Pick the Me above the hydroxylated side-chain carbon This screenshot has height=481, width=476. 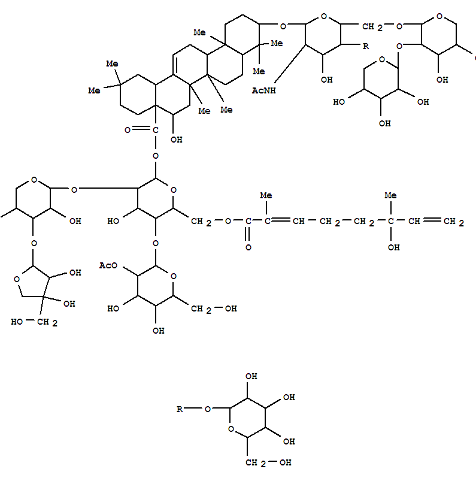coord(390,195)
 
